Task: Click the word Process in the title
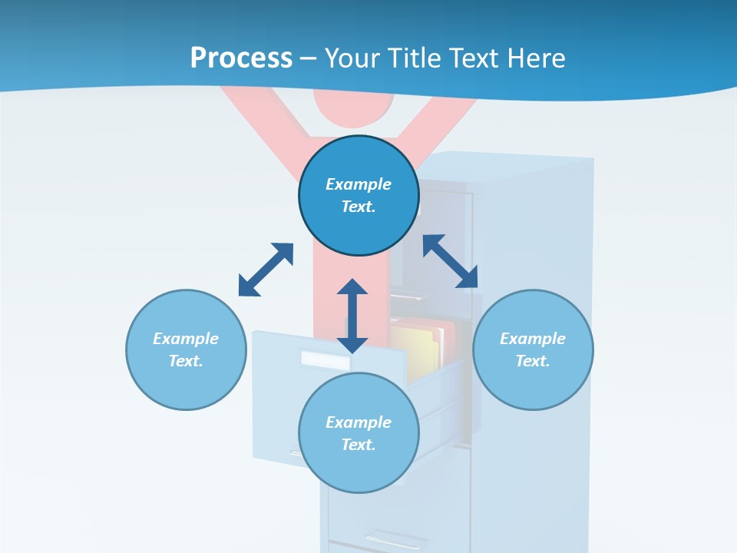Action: tap(241, 58)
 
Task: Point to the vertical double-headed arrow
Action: tap(352, 316)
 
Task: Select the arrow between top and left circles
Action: tap(266, 270)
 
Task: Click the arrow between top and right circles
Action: tap(451, 261)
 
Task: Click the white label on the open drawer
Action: tap(324, 359)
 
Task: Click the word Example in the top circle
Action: tap(359, 184)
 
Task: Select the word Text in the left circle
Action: tap(186, 361)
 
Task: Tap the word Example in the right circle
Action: tap(533, 339)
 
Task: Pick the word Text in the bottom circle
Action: tap(359, 445)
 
